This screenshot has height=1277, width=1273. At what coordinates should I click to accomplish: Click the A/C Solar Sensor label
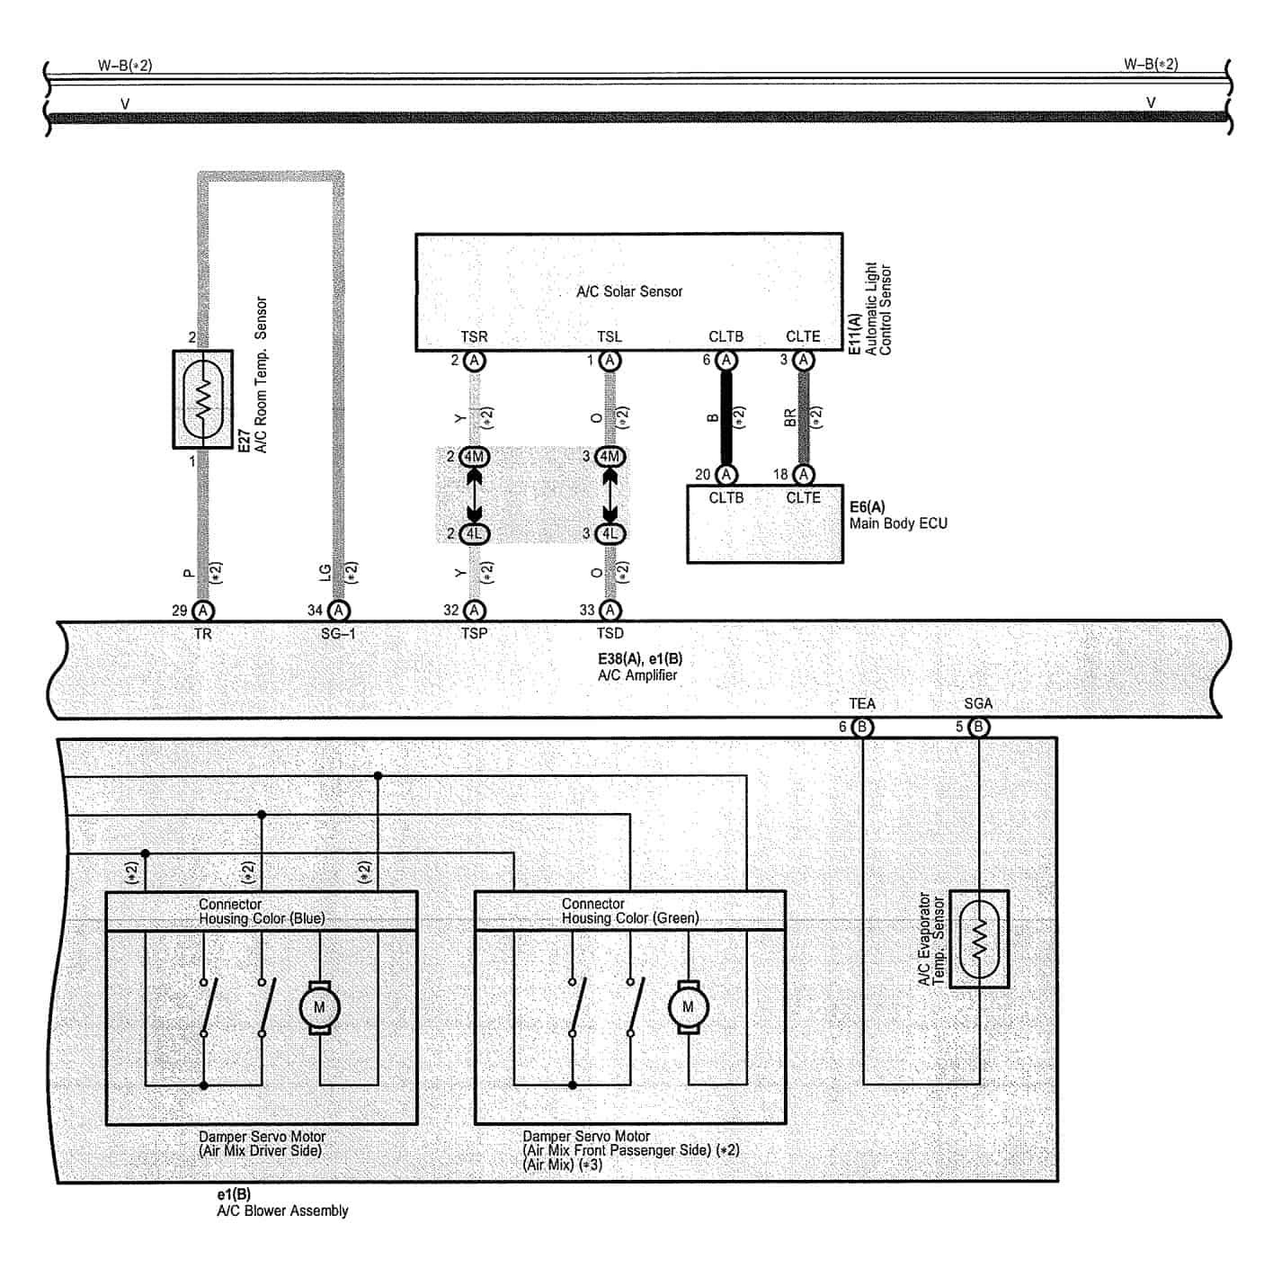point(629,291)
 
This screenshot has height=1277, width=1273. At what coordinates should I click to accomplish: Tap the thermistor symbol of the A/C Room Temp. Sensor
point(203,399)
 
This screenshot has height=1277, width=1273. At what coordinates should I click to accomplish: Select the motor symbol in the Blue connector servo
point(319,1007)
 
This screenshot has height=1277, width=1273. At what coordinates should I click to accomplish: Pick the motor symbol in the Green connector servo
point(688,1007)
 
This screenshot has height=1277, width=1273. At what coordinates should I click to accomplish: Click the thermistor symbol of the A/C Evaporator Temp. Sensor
point(979,939)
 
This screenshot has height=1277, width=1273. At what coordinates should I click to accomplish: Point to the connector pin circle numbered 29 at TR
point(203,611)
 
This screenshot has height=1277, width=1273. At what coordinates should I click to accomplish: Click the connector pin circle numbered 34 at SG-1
point(338,611)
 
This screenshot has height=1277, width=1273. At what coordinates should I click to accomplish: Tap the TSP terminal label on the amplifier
point(474,633)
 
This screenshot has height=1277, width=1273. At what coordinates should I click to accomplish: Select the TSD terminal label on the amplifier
point(610,633)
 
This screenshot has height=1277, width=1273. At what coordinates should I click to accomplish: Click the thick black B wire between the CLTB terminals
point(726,417)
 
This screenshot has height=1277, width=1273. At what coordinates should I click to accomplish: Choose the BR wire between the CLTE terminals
point(803,417)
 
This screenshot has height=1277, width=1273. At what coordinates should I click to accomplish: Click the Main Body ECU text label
point(898,523)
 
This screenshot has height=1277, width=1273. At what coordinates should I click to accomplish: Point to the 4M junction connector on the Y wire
point(474,457)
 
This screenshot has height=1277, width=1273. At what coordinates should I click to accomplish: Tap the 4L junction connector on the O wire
point(610,533)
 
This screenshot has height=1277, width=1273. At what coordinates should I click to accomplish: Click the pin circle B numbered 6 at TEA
point(861,727)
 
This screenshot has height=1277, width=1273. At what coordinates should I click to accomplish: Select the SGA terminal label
point(978,704)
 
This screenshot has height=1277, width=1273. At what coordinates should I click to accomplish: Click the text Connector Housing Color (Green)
point(629,911)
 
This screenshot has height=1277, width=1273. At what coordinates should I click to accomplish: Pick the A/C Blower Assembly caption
point(282,1210)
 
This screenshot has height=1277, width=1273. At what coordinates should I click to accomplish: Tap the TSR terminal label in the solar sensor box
point(474,336)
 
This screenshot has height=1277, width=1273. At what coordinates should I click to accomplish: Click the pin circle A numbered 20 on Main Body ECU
point(726,475)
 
